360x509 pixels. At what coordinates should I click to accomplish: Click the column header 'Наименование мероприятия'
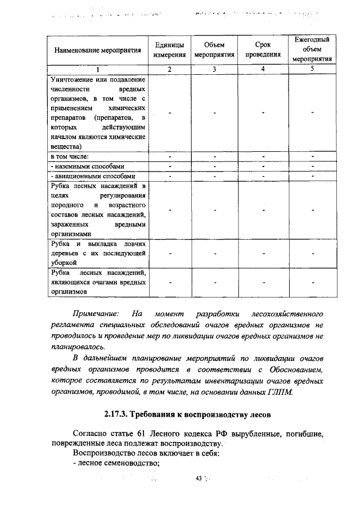coord(97,50)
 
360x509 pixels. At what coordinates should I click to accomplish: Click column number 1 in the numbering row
coord(97,69)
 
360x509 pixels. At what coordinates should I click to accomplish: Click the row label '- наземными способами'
coord(87,166)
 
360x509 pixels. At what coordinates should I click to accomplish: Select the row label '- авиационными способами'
coord(92,175)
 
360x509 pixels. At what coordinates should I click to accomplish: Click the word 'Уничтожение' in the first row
coord(73,79)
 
